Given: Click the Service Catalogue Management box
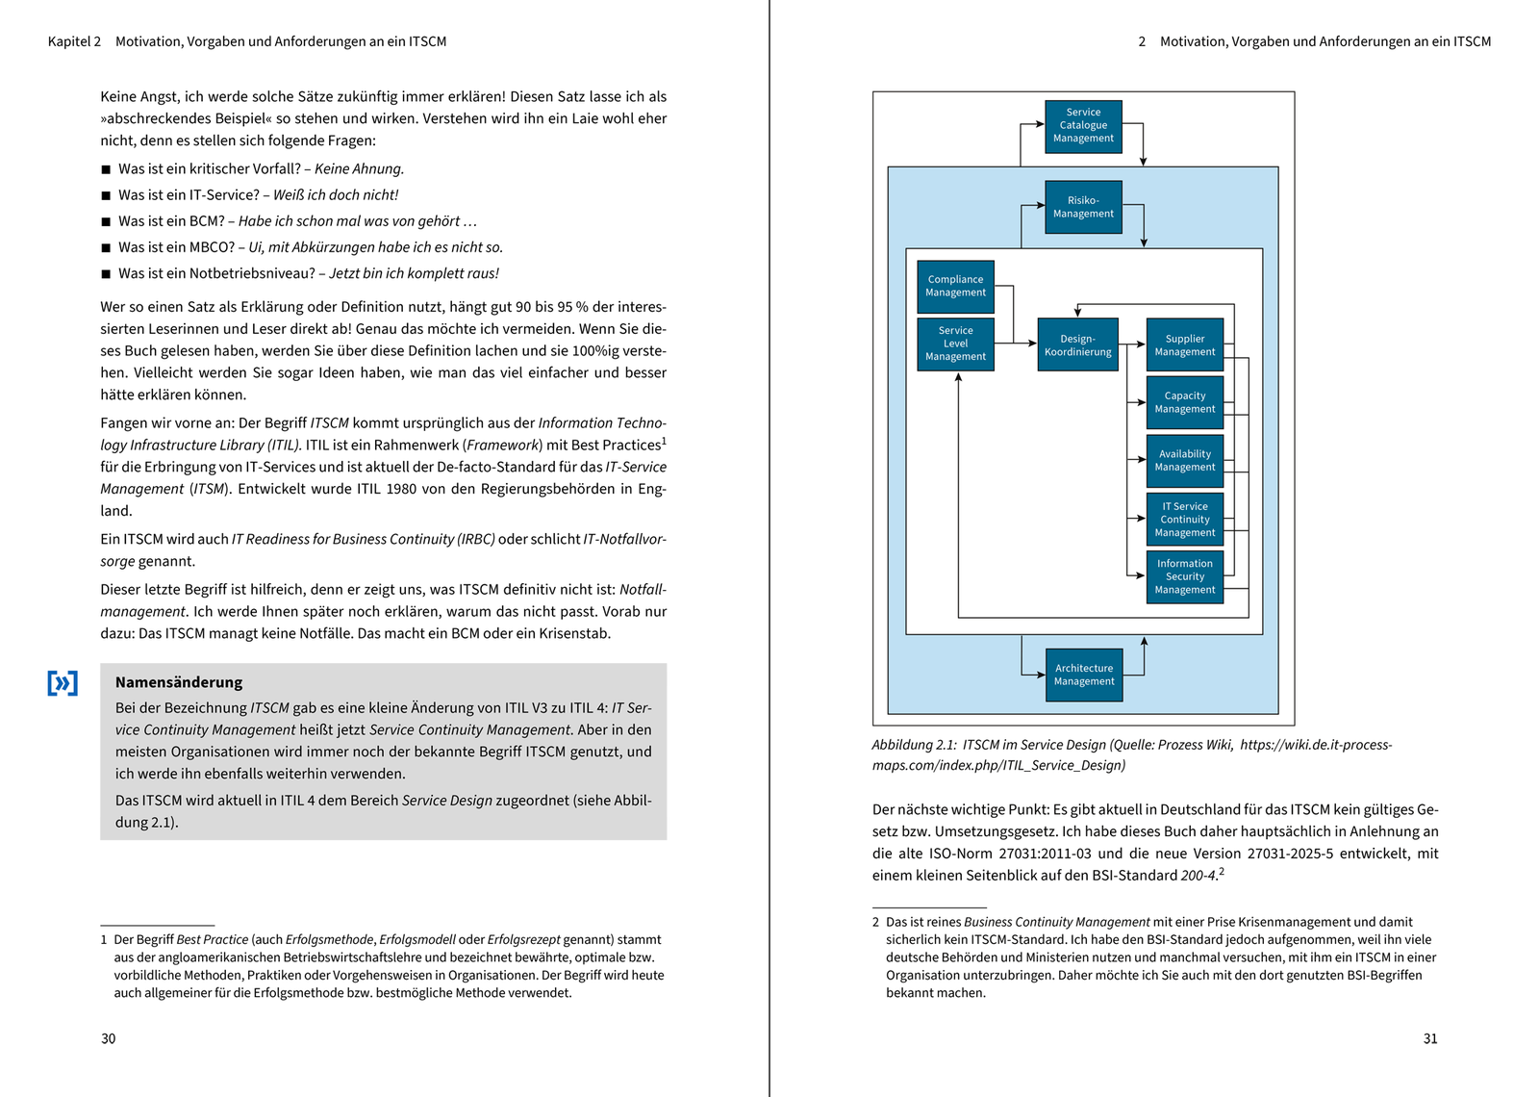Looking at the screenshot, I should [1083, 126].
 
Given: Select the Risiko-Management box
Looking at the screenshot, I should [1083, 207].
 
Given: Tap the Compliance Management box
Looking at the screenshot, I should [955, 287].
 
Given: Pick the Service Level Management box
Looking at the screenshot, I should [955, 344].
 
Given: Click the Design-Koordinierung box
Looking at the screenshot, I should [1077, 344].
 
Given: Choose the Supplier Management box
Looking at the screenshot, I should [1184, 344].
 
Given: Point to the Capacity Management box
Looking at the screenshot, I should [1184, 402].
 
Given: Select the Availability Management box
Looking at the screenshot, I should [1184, 460].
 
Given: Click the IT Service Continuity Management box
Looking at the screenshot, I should [1184, 519].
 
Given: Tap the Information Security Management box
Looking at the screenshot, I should [1184, 576].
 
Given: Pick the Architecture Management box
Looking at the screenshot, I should [1083, 675].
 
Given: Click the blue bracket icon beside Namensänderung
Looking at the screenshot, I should [63, 683].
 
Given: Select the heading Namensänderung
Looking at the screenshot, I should [179, 682].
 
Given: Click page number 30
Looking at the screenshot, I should [109, 1038].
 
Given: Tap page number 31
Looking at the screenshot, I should [1430, 1038].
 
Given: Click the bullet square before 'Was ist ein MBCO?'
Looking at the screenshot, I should [106, 248].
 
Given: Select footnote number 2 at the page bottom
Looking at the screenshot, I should [876, 922].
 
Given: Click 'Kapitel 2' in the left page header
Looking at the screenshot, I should [74, 41].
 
